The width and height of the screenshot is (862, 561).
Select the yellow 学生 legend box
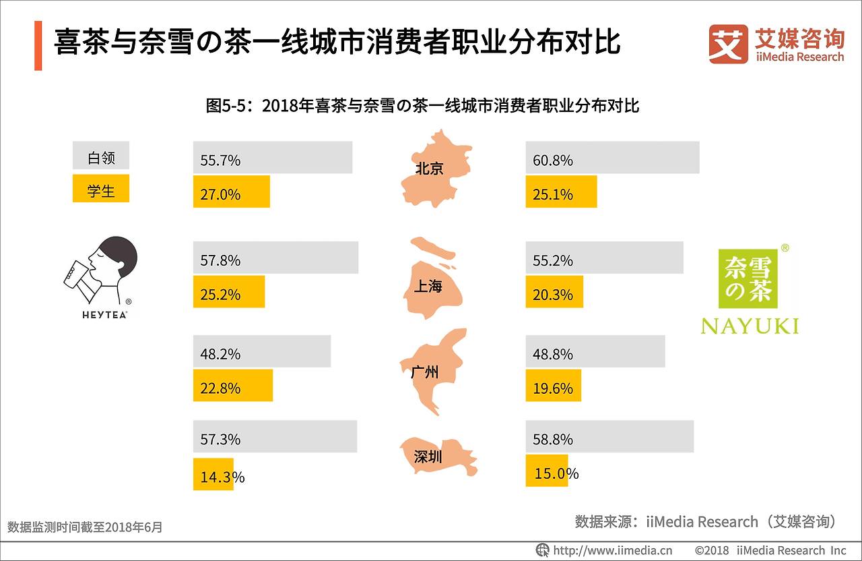100,189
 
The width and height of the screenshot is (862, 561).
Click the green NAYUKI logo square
748,279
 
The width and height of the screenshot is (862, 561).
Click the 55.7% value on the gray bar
220,160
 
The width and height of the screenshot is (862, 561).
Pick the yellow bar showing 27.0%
231,192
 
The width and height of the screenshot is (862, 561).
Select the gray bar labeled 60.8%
611,158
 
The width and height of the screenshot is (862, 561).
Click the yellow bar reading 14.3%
213,475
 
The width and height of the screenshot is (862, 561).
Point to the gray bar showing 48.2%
261,352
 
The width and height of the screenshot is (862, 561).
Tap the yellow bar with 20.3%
554,292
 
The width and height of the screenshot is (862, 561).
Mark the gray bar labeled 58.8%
609,437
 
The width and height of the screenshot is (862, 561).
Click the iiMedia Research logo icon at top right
728,45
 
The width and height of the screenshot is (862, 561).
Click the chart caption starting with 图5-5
422,106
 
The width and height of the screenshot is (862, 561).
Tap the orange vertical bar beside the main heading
38,45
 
